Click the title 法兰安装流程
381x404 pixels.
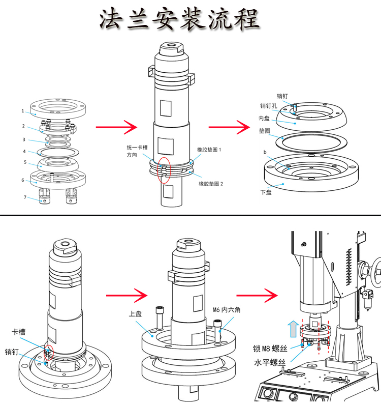[179, 20]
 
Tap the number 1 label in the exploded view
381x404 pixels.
[23, 110]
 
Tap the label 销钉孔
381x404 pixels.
[268, 106]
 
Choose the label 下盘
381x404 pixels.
[266, 192]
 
